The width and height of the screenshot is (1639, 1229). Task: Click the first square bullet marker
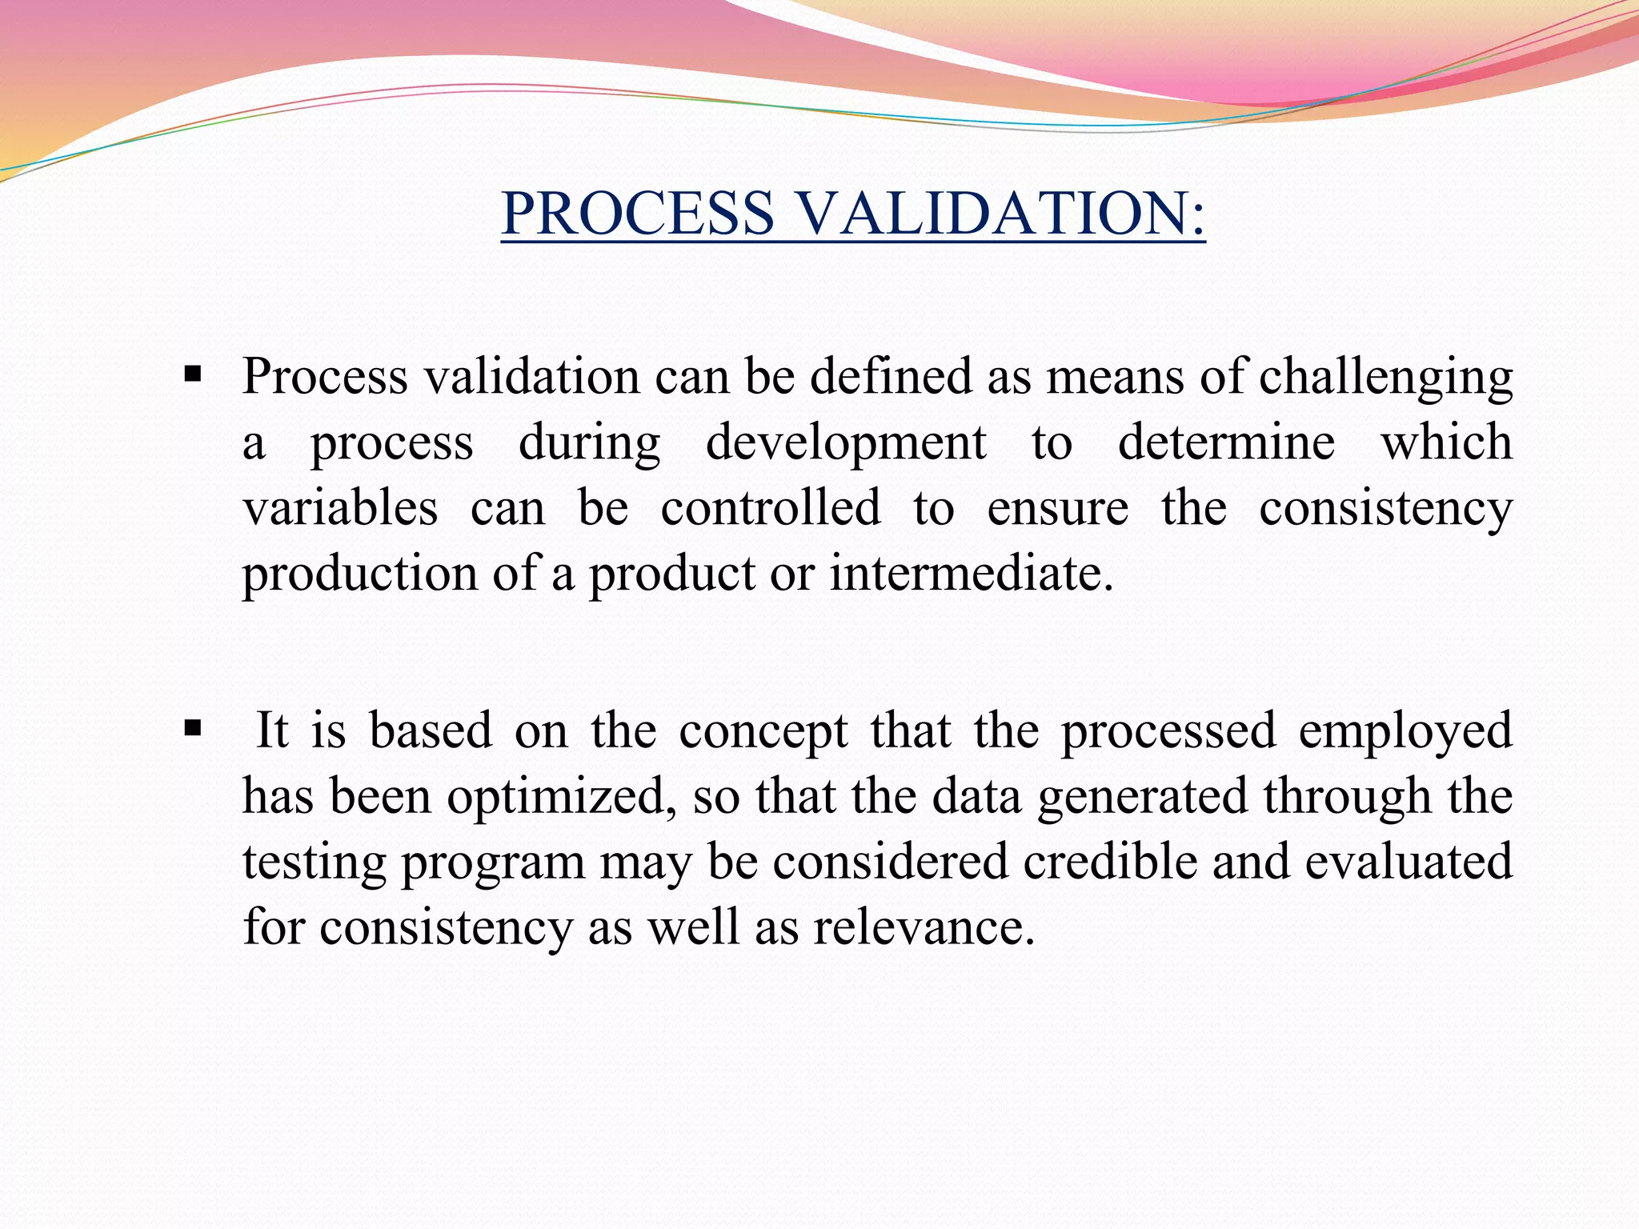click(x=192, y=374)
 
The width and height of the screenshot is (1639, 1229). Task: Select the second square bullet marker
click(x=192, y=728)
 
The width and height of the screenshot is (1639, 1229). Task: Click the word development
click(x=845, y=443)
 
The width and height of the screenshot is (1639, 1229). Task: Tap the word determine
click(x=1226, y=442)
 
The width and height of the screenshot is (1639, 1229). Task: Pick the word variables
click(x=340, y=508)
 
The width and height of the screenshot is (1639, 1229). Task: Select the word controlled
click(x=770, y=508)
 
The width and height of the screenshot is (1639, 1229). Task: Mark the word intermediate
click(x=971, y=574)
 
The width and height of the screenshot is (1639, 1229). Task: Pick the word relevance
click(x=924, y=928)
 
